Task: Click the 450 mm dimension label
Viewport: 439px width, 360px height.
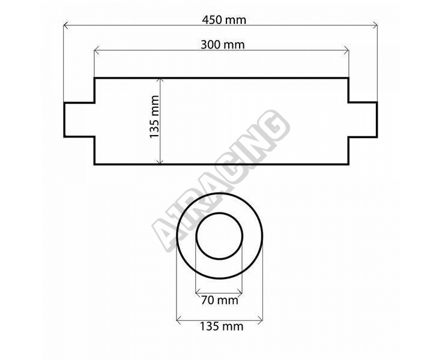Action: click(224, 20)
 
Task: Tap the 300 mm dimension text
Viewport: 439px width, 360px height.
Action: click(223, 45)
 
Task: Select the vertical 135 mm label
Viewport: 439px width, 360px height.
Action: click(154, 116)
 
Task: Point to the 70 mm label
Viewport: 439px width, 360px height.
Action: click(220, 301)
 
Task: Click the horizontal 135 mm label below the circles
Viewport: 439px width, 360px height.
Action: click(222, 326)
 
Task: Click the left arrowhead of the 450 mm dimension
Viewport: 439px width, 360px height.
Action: click(65, 26)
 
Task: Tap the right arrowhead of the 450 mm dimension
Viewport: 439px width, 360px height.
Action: click(375, 26)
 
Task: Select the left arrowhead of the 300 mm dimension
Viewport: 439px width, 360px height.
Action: click(97, 50)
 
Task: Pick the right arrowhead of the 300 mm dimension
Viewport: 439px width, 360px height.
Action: click(347, 50)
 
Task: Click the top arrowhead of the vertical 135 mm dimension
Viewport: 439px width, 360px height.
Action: click(160, 81)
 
